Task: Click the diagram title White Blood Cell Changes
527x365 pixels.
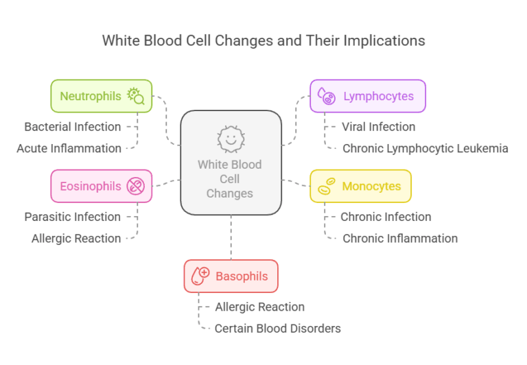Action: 263,40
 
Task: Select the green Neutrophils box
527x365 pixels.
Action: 101,96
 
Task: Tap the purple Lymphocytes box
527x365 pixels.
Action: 367,96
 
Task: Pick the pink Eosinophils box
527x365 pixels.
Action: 101,186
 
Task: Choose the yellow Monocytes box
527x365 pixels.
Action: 360,186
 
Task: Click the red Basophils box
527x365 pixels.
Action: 231,276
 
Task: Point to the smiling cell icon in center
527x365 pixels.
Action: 231,139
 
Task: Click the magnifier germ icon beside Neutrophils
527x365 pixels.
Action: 135,96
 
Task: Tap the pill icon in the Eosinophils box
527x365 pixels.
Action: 135,186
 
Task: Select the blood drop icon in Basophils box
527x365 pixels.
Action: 200,276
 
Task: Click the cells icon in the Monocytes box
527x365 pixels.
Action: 327,186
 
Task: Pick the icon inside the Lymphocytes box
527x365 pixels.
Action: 327,96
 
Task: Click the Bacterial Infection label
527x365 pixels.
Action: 73,127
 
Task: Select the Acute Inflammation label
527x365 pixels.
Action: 69,148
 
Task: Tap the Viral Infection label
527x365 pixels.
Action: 379,127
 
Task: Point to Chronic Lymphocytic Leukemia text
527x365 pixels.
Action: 425,148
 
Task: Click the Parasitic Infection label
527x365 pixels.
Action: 73,217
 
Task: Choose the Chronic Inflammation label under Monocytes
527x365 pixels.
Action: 400,239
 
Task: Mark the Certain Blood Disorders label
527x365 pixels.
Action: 277,329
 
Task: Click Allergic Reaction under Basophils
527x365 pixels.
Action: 259,307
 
